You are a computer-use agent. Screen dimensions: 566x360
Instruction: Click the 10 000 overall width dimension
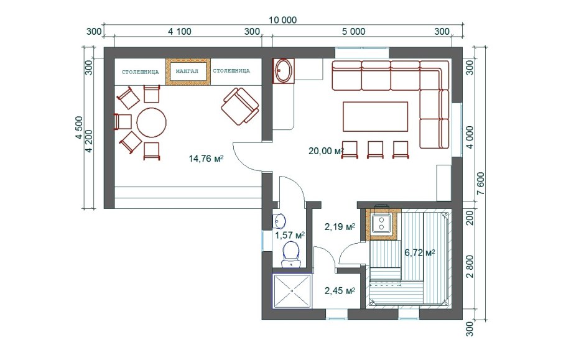[282, 20]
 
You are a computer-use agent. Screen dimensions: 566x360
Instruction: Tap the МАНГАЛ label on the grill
[187, 71]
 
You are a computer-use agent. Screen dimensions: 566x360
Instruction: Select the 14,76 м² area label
[206, 159]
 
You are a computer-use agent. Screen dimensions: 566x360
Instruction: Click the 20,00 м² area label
[326, 151]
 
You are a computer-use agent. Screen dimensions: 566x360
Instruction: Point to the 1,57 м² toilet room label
[290, 236]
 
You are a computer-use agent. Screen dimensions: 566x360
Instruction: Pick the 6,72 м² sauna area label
[419, 252]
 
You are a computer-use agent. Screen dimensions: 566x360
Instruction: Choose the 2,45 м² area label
[340, 290]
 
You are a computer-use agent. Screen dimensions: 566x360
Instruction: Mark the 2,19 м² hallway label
[340, 227]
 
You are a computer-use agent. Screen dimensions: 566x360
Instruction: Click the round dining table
[152, 122]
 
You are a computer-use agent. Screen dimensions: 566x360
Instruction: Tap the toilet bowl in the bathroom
[291, 254]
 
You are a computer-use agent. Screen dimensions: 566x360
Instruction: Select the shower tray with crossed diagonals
[292, 291]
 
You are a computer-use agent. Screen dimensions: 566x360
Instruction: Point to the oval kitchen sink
[284, 71]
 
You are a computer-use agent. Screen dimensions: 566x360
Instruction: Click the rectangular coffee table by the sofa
[376, 116]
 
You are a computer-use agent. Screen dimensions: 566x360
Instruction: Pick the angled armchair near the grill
[241, 106]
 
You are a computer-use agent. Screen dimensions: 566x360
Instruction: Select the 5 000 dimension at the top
[354, 32]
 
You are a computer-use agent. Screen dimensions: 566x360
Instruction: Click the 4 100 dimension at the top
[179, 32]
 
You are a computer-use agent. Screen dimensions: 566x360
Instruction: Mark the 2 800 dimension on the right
[470, 267]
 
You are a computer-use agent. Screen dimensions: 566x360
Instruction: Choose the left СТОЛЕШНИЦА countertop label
[140, 72]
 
